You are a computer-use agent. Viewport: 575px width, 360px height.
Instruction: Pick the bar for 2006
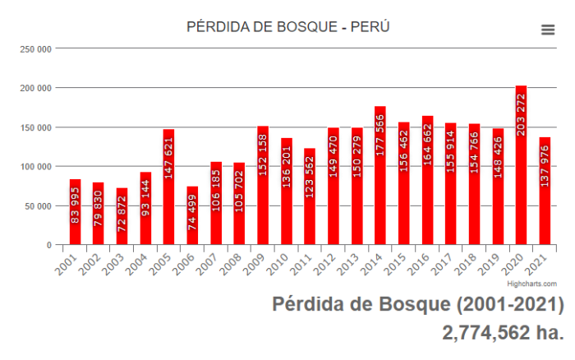click(192, 215)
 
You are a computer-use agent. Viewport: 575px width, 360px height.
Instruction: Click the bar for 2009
click(263, 185)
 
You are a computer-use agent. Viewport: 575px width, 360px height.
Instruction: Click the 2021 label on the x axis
click(538, 261)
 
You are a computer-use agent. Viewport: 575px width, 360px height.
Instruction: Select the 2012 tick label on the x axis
click(327, 261)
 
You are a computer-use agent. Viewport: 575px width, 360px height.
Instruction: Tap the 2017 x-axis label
click(444, 261)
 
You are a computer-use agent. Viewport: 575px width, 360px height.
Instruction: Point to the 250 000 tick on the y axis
click(36, 48)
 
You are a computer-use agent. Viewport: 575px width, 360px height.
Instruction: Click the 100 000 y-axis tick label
click(36, 167)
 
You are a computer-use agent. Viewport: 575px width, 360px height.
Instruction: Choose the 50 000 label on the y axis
click(39, 206)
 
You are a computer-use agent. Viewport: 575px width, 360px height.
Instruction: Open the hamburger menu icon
click(548, 30)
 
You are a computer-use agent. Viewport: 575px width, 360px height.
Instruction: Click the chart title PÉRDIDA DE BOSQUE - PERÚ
click(287, 27)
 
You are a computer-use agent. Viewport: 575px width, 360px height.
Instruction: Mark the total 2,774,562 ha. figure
click(502, 333)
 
